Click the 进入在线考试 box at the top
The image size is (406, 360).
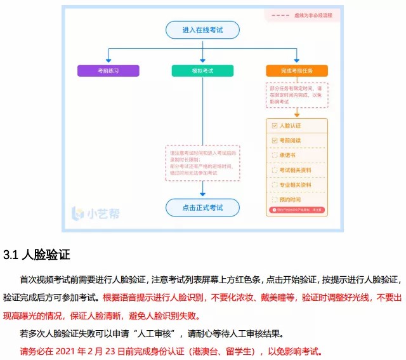(202, 30)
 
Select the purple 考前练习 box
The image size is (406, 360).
(108, 70)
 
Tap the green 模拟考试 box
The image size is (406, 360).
(202, 70)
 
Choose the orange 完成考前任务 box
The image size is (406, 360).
(296, 70)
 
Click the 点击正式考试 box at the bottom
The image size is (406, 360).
(202, 207)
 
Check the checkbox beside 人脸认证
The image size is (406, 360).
(275, 126)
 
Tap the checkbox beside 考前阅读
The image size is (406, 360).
(275, 140)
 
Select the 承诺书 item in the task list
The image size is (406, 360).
(288, 155)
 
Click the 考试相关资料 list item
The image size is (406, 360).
(296, 170)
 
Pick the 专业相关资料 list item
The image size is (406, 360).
(296, 185)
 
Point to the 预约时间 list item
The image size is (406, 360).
(292, 199)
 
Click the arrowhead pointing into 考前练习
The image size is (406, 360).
(108, 60)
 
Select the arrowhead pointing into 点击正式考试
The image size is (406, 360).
(202, 194)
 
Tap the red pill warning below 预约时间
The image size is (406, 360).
(297, 210)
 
